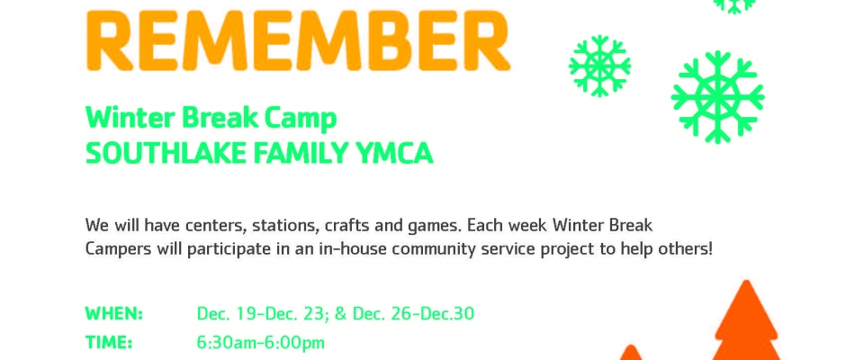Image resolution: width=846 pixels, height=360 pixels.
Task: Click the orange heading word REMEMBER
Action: [x=298, y=40]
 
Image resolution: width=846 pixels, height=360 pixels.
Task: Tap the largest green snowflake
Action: [x=717, y=97]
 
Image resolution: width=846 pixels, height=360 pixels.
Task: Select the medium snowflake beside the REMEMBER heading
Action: [x=599, y=66]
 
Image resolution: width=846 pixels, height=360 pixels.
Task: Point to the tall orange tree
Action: [x=746, y=321]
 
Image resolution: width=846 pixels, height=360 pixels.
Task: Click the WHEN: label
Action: [x=113, y=313]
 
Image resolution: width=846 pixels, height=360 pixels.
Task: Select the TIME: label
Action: [x=108, y=343]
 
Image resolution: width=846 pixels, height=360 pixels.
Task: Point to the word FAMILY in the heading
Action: [x=294, y=154]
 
